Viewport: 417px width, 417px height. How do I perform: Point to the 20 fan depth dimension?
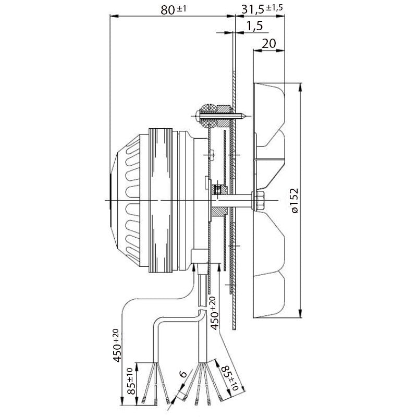point(268,44)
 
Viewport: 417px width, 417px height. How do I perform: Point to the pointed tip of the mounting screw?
point(244,116)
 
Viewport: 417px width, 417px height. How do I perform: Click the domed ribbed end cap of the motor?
point(125,200)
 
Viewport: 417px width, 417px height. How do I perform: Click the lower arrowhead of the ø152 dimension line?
point(301,313)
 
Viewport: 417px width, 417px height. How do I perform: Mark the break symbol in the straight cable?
point(202,312)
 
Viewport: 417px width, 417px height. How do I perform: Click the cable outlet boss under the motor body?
point(199,257)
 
